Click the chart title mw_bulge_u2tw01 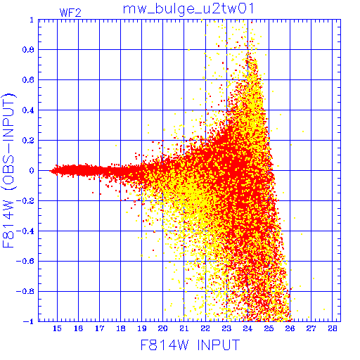coord(188,10)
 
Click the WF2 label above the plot coord(70,13)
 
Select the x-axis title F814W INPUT coord(190,345)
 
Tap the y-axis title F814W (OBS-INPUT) coord(8,170)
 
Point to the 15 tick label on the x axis coord(57,328)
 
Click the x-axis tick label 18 coord(120,328)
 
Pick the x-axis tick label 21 coord(184,328)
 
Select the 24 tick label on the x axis coord(247,328)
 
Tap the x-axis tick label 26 coord(290,328)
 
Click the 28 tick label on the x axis coord(333,328)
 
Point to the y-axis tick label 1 coord(32,20)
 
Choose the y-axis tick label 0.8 coord(28,50)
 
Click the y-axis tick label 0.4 coord(28,110)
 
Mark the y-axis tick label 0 coord(32,171)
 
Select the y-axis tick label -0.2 coord(25,201)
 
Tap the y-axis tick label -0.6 coord(25,261)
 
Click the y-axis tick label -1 coord(29,321)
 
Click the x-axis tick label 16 coord(78,328)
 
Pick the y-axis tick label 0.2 coord(28,141)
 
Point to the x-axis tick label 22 coord(205,328)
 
